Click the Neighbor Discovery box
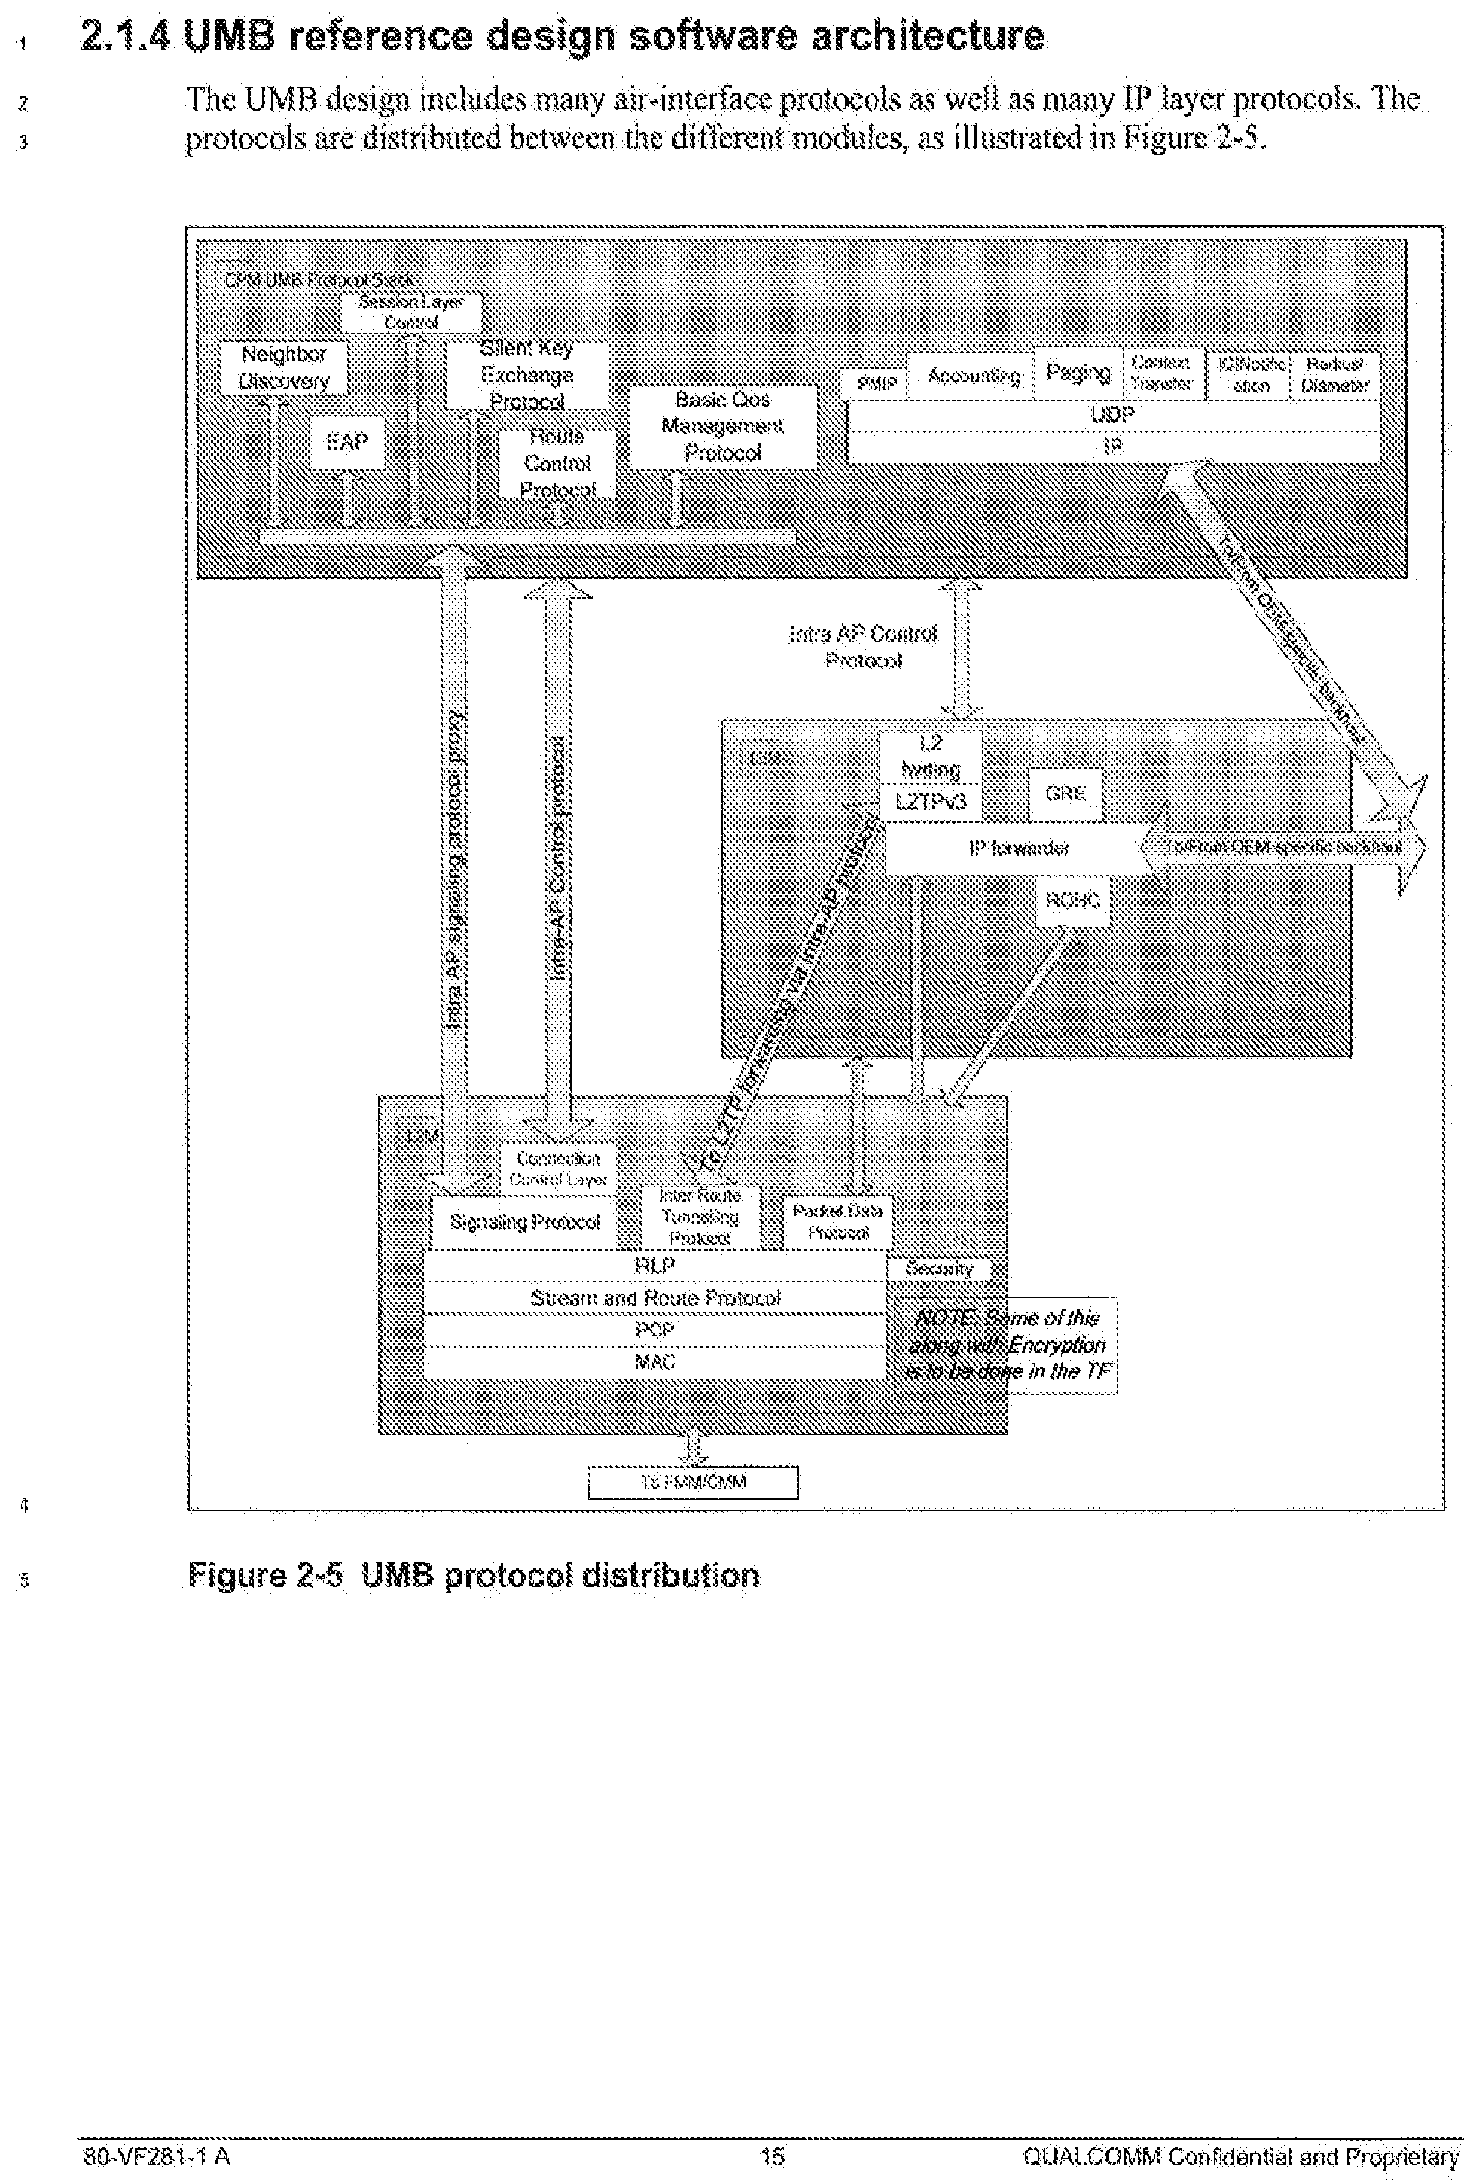[x=284, y=367]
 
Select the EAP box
[x=346, y=442]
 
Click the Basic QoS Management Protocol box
[x=722, y=426]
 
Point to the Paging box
[x=1077, y=373]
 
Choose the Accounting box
[x=974, y=376]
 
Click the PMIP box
[x=877, y=383]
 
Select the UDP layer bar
[x=1112, y=415]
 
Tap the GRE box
[x=1066, y=794]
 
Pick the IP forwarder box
[x=1019, y=849]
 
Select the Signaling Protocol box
[x=525, y=1221]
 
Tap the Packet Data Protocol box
[x=837, y=1221]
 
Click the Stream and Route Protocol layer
[x=655, y=1297]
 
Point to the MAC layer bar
[x=655, y=1361]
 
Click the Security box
[x=939, y=1269]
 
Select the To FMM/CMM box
[x=693, y=1483]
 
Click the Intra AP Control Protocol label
[x=863, y=647]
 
